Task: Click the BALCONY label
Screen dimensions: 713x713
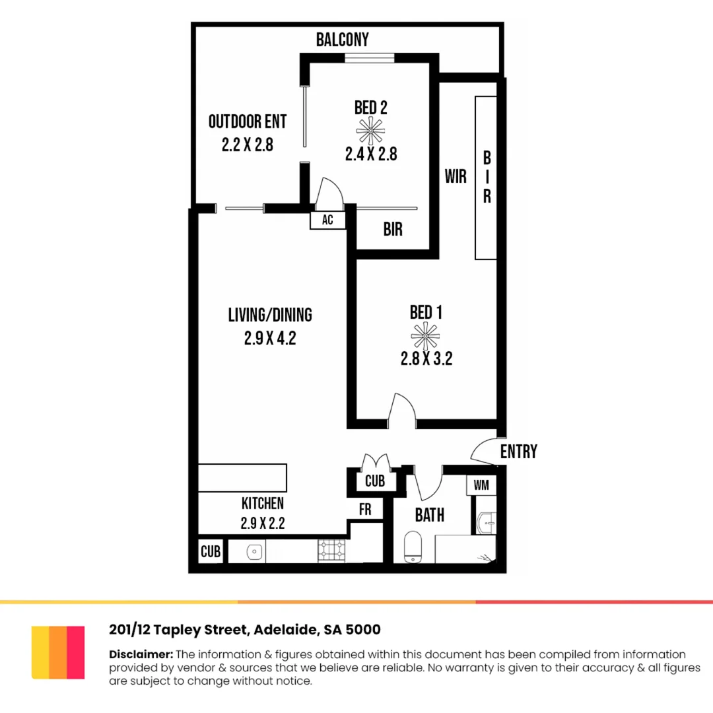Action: [x=342, y=40]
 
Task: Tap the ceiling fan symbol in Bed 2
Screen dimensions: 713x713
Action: [x=370, y=131]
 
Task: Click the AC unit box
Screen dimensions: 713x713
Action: [x=327, y=221]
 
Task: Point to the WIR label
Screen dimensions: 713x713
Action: [x=456, y=176]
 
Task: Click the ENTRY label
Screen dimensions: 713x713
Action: [x=518, y=452]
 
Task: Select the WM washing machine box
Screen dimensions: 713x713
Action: [x=481, y=485]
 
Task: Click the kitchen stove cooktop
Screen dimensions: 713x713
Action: [x=331, y=551]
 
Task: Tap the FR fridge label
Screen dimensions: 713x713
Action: [x=365, y=510]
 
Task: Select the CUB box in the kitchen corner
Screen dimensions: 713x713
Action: [x=211, y=551]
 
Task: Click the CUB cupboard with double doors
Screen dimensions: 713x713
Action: [x=374, y=479]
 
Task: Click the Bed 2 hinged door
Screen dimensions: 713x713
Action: [x=329, y=195]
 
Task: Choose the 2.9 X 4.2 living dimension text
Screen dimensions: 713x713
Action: [x=269, y=339]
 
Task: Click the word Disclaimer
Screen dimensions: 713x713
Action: [x=141, y=654]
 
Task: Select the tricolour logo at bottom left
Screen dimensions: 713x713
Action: [x=58, y=652]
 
